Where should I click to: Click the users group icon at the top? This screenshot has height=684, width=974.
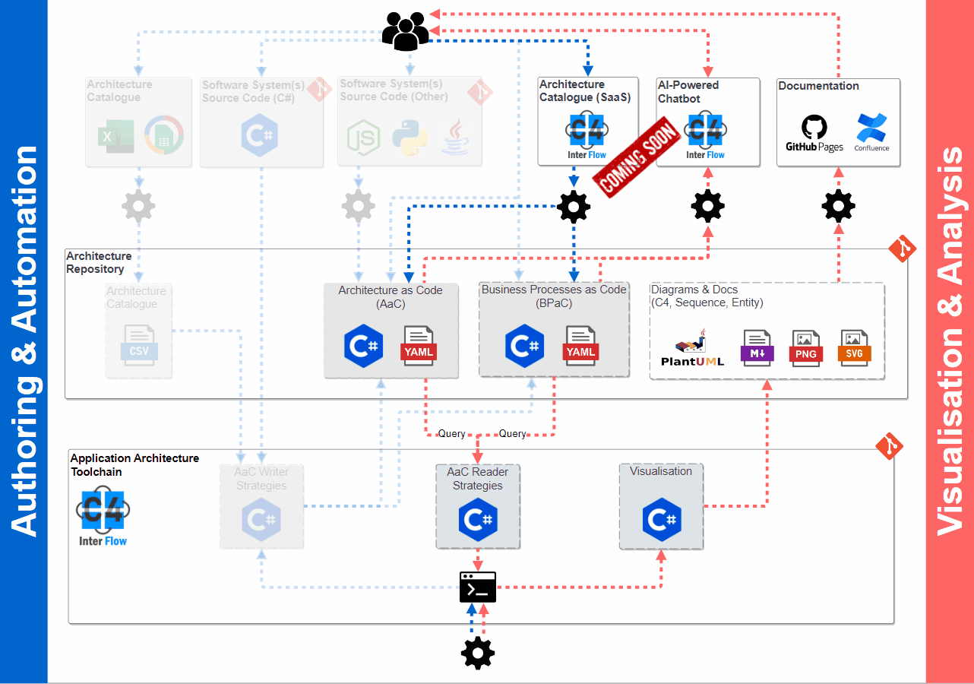tap(405, 32)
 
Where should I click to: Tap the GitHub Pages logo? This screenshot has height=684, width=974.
tap(814, 132)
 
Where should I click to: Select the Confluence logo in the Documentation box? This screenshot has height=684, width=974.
tap(871, 132)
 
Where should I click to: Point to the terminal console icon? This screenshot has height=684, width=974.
tap(478, 587)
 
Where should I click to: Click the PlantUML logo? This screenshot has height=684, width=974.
tap(692, 349)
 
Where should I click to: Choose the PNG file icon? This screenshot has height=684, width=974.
tap(806, 348)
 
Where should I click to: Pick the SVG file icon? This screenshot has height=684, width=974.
tap(855, 348)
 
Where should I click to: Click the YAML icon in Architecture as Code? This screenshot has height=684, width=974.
tap(418, 346)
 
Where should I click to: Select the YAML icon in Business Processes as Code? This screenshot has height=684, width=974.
tap(580, 346)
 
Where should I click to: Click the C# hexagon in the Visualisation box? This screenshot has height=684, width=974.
tap(661, 521)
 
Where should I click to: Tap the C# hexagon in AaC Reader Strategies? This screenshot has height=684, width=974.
tap(478, 521)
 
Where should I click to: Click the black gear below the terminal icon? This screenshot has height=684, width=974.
tap(478, 652)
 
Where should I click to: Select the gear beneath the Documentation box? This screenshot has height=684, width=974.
tap(838, 206)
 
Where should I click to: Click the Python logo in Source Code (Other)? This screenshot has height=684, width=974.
tap(410, 138)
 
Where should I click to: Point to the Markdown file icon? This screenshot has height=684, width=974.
tap(757, 348)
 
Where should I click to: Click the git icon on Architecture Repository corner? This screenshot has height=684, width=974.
tap(903, 249)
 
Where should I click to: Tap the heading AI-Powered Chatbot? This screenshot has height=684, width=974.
tap(688, 92)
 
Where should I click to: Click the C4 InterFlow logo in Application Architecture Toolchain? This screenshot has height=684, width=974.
tap(103, 516)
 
